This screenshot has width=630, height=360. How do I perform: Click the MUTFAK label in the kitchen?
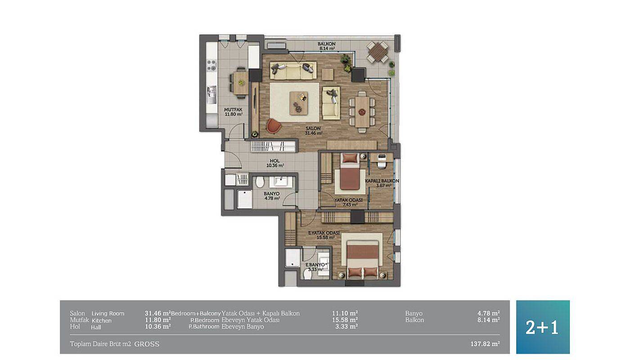[x=233, y=110]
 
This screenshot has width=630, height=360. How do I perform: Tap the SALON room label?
[x=313, y=129]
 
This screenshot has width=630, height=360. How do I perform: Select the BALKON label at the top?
[x=327, y=44]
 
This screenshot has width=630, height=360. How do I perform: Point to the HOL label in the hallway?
[x=274, y=161]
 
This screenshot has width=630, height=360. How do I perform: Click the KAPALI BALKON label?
[x=382, y=181]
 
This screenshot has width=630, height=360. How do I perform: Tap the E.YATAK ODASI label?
[x=324, y=233]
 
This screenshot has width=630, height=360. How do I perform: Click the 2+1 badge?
[x=543, y=327]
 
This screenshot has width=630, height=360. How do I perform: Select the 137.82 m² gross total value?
[x=485, y=344]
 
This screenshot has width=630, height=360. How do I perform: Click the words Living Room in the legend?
[x=108, y=313]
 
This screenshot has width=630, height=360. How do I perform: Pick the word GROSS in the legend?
[x=147, y=344]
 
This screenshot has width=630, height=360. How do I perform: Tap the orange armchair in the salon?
[x=274, y=126]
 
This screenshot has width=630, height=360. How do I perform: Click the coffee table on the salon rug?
[x=299, y=103]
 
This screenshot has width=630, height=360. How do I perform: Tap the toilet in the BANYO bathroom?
[x=260, y=182]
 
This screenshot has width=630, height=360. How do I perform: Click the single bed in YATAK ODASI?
[x=350, y=171]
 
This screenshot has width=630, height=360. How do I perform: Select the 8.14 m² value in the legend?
[x=489, y=320]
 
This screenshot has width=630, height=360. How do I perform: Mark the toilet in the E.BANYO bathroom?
[x=307, y=274]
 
